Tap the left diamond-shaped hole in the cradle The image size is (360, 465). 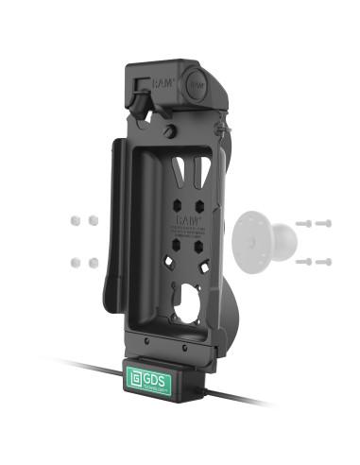pyautogui.click(x=167, y=262)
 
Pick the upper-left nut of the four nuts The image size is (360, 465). pyautogui.click(x=73, y=219)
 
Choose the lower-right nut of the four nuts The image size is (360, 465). pyautogui.click(x=94, y=258)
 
